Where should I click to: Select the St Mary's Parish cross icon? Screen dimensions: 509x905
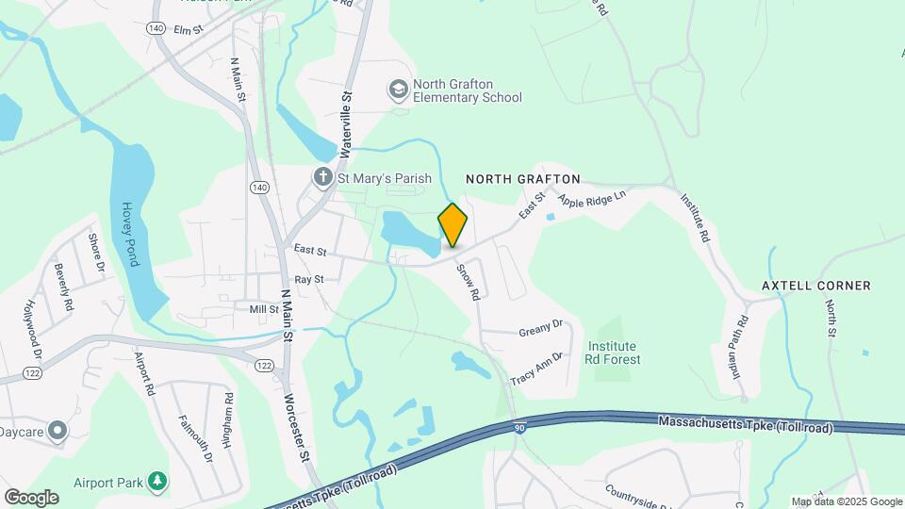click(x=322, y=177)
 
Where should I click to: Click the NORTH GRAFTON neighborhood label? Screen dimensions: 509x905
click(x=523, y=178)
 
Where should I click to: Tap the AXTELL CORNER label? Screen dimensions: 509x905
click(x=816, y=285)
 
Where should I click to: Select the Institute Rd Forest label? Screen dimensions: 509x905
click(x=612, y=353)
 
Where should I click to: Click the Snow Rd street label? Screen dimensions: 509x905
click(x=469, y=281)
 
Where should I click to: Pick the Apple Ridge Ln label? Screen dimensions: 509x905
click(x=592, y=199)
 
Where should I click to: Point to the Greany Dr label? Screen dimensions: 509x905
click(x=540, y=329)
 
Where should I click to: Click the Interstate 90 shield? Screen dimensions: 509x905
click(x=520, y=428)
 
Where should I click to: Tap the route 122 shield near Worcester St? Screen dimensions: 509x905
click(x=265, y=364)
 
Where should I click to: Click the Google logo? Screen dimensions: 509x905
click(x=31, y=497)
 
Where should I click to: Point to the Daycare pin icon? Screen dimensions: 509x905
click(x=58, y=430)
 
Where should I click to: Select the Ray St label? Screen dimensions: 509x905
click(x=308, y=280)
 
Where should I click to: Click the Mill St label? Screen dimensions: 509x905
click(x=263, y=309)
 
